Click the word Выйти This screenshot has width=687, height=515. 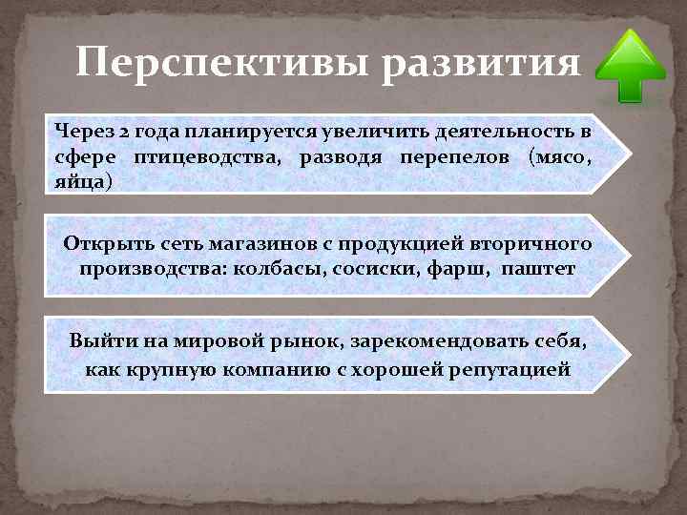pyautogui.click(x=98, y=341)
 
